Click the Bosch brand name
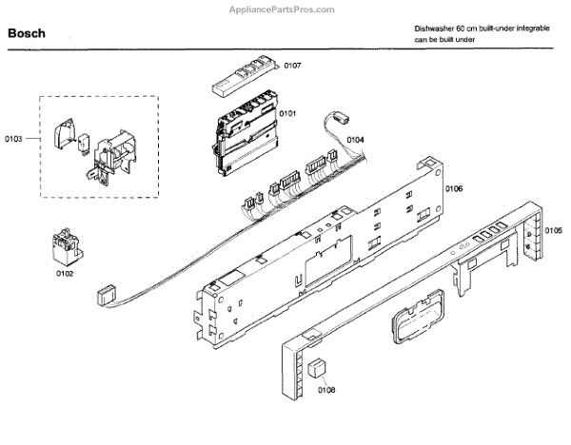pos(27,33)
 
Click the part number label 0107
pos(293,66)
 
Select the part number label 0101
pos(287,114)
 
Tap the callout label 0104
pos(354,140)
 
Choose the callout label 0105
pos(553,231)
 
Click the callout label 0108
pos(326,390)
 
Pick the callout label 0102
pos(65,274)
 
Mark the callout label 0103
pos(13,139)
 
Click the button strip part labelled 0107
pos(244,74)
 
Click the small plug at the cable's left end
pos(107,297)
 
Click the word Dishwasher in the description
pos(436,29)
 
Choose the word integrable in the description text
pos(528,29)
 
